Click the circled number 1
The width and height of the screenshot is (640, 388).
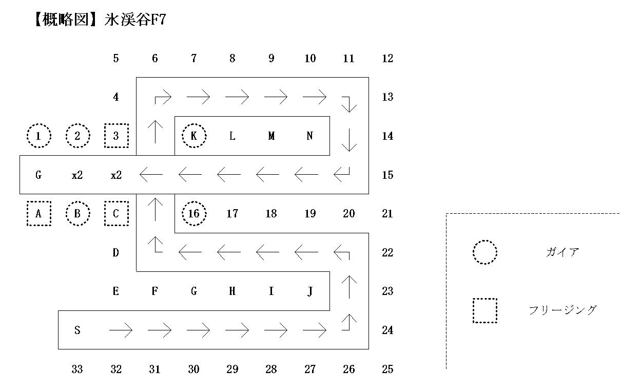pyautogui.click(x=39, y=136)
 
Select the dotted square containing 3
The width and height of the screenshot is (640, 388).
pyautogui.click(x=117, y=136)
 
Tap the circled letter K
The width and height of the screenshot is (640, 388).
pyautogui.click(x=194, y=136)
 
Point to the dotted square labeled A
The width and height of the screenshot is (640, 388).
pyautogui.click(x=39, y=213)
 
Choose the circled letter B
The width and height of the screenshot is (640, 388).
pyautogui.click(x=77, y=213)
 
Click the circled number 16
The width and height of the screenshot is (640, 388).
pyautogui.click(x=194, y=213)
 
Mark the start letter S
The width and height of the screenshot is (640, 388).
pyautogui.click(x=77, y=330)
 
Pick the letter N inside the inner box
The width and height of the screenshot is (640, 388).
pyautogui.click(x=309, y=136)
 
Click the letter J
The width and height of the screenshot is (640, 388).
pyautogui.click(x=310, y=291)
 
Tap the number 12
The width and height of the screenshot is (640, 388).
pyautogui.click(x=387, y=59)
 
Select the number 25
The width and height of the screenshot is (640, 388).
pyautogui.click(x=387, y=369)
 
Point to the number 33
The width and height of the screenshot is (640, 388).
pyautogui.click(x=77, y=369)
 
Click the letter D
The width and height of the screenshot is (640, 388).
pyautogui.click(x=115, y=252)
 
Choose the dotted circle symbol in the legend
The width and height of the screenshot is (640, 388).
pyautogui.click(x=485, y=252)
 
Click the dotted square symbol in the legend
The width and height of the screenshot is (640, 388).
pyautogui.click(x=485, y=310)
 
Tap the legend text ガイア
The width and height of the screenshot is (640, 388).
pyautogui.click(x=563, y=252)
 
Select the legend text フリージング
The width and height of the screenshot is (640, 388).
pyautogui.click(x=563, y=310)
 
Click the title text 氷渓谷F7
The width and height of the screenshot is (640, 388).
pyautogui.click(x=135, y=20)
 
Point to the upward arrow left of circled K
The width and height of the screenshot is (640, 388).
pyautogui.click(x=155, y=132)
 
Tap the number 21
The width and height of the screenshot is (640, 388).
pyautogui.click(x=387, y=213)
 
